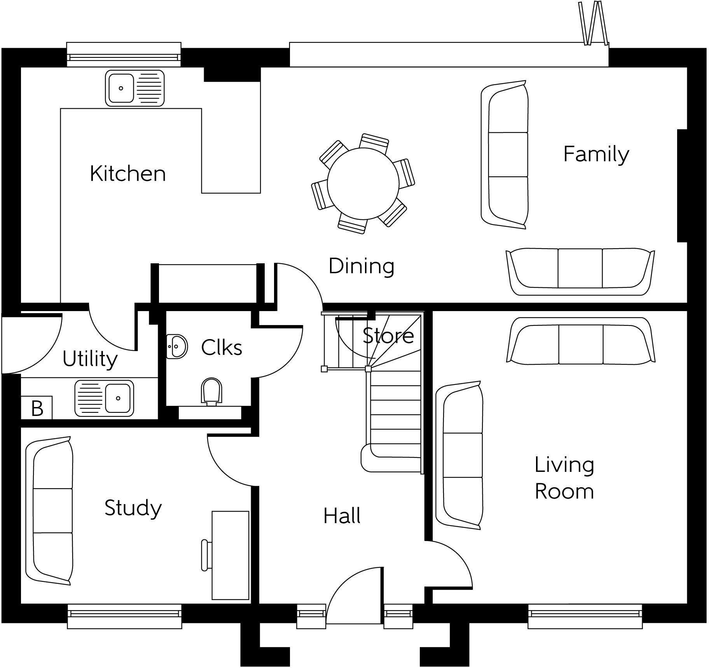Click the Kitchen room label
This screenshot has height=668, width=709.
pos(127,174)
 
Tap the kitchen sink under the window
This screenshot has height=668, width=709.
pos(134,88)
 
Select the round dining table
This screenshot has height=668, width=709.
pos(363,183)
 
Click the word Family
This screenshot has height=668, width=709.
pos(596,154)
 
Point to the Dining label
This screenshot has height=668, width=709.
pos(361,266)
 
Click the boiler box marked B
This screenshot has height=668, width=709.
pos(37,408)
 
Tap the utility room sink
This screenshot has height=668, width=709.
pos(104,398)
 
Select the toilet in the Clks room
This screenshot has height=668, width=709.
pos(211,391)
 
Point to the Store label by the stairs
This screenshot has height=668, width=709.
pos(388,336)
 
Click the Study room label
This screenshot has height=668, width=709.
pos(133,508)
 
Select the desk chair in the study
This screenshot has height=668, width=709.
pos(206,555)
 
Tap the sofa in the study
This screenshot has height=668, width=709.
pos(49,510)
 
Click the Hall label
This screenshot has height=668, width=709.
pos(342,516)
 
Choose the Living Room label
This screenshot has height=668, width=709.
pos(564,478)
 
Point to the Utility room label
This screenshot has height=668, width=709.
pos(90,359)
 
